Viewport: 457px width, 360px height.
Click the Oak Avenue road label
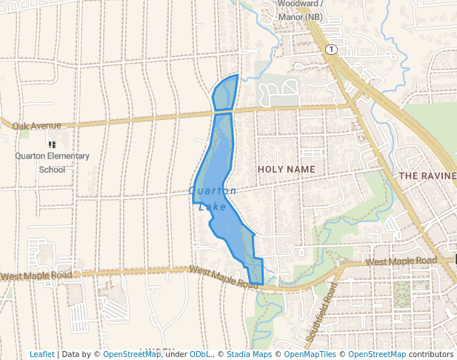click(36, 126)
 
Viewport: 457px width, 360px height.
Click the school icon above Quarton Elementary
click(52, 144)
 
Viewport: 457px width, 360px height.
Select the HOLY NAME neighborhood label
click(286, 170)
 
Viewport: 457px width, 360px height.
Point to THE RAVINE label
click(427, 176)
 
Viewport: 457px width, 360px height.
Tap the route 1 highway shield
click(330, 49)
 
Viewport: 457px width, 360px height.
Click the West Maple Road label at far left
click(36, 276)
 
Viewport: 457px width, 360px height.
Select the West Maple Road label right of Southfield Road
click(401, 261)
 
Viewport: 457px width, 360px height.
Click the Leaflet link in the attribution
click(41, 354)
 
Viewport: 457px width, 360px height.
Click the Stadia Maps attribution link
click(248, 354)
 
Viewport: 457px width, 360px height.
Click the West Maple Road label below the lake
click(223, 276)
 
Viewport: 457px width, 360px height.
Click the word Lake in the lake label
click(213, 207)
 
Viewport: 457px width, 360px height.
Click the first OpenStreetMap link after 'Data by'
click(131, 354)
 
